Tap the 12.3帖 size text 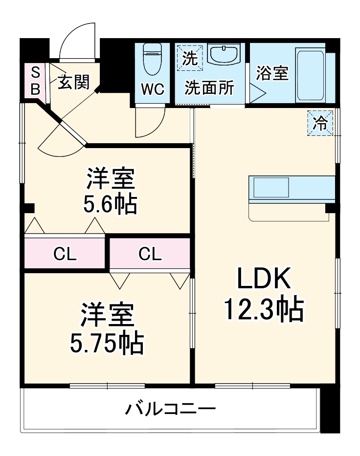265,308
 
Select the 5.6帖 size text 110,204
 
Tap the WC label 153,89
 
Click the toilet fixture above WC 153,59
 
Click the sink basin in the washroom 224,53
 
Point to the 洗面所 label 209,88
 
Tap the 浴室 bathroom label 272,73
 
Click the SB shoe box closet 35,81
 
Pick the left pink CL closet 65,254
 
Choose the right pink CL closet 150,254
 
